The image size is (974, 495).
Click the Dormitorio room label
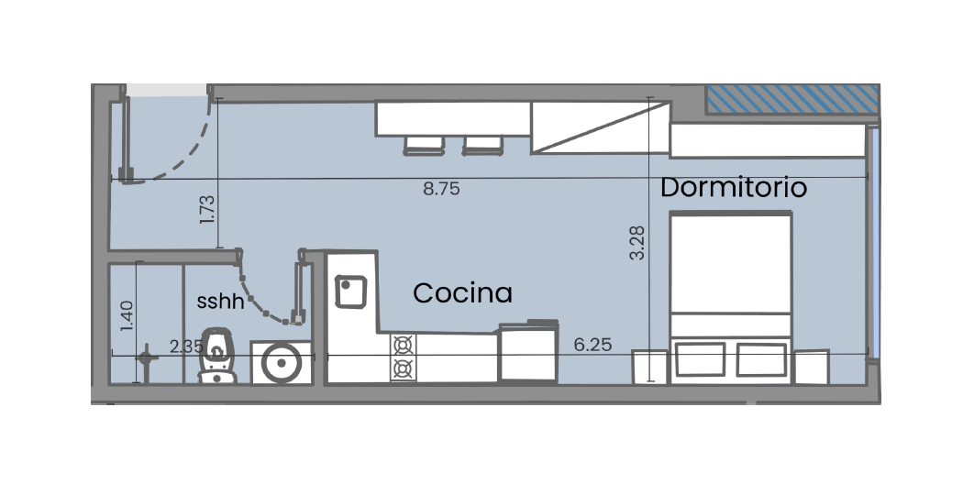tap(733, 187)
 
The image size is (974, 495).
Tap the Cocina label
tap(463, 293)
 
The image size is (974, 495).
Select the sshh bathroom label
tap(220, 302)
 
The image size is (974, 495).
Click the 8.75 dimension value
tap(442, 189)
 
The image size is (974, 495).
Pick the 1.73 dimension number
tap(207, 210)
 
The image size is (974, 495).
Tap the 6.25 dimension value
tap(592, 344)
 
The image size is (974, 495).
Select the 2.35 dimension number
tap(187, 346)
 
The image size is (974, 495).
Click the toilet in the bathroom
tap(217, 356)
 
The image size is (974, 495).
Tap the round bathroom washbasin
tap(282, 363)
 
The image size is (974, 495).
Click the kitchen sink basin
tap(351, 291)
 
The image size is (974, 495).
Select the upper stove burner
tap(404, 345)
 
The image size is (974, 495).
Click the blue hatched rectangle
tap(792, 99)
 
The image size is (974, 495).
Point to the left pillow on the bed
tap(701, 359)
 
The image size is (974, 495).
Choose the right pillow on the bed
tap(761, 359)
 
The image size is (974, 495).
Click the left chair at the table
tap(425, 146)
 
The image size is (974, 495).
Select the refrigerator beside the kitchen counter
tap(528, 352)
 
